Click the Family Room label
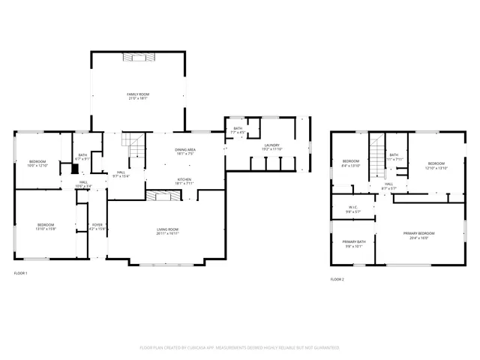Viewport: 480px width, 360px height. (138, 93)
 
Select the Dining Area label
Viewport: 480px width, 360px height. (185, 150)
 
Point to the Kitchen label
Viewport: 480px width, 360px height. (184, 179)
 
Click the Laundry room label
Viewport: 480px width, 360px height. (271, 145)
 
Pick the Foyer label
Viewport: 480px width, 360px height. (97, 224)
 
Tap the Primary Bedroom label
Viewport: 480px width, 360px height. (419, 233)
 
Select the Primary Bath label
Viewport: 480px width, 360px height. (354, 241)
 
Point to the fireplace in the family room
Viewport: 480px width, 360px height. (138, 55)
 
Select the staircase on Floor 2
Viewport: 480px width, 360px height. (376, 150)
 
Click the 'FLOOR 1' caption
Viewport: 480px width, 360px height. (21, 273)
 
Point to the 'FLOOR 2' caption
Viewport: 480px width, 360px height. (337, 279)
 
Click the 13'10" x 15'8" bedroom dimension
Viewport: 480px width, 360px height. (46, 229)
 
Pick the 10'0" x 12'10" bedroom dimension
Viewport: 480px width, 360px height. (37, 166)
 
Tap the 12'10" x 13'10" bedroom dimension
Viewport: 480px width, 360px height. (436, 168)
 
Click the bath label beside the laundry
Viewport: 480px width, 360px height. (238, 129)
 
